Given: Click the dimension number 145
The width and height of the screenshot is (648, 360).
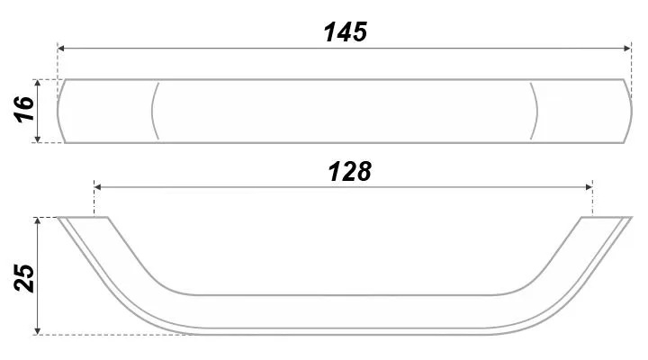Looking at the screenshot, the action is point(346,32).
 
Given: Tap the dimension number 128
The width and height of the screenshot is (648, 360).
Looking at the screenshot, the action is point(349,172).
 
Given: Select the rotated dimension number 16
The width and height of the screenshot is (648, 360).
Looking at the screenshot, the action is point(24,109).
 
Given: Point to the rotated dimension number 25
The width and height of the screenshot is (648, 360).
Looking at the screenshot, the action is point(24,278).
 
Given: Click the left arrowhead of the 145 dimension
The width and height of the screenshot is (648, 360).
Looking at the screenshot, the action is point(61,49).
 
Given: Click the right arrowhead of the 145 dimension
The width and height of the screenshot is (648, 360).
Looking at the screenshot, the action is point(627,49).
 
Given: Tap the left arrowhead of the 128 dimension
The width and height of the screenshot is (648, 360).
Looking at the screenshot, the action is point(98,187).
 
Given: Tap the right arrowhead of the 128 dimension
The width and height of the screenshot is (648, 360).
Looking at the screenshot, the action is point(589,187).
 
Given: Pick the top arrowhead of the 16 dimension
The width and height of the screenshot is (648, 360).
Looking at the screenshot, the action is point(38,83).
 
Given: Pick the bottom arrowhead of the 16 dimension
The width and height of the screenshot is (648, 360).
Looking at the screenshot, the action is point(38,139).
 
